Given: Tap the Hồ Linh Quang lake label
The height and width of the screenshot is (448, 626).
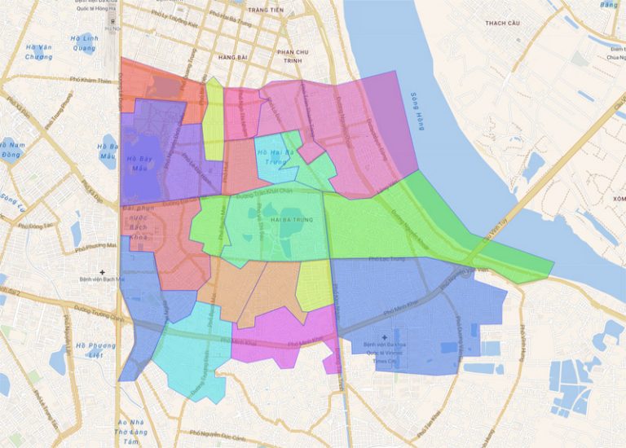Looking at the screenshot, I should pyautogui.click(x=84, y=42).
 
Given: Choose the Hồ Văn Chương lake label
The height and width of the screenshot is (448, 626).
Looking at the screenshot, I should pyautogui.click(x=38, y=52).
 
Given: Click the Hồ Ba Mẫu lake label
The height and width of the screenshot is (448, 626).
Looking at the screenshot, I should pyautogui.click(x=108, y=151).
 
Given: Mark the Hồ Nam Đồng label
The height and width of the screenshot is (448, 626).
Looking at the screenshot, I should pyautogui.click(x=12, y=149).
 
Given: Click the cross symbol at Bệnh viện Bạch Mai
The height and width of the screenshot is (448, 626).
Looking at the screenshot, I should pyautogui.click(x=102, y=270).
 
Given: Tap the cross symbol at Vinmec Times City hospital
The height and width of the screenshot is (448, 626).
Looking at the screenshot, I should pyautogui.click(x=385, y=336).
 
